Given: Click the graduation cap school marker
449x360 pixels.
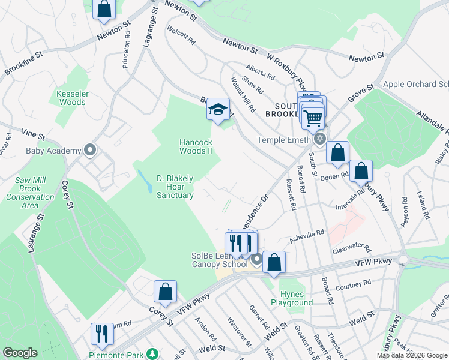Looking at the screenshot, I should (x=218, y=109).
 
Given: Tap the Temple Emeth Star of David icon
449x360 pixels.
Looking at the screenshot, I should (x=320, y=140).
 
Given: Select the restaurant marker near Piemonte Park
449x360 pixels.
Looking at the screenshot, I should (x=101, y=335).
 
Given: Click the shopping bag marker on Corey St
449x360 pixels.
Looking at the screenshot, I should (x=165, y=292).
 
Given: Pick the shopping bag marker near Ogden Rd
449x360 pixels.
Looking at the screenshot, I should (x=361, y=171).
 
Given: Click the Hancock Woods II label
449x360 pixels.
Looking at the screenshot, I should (x=196, y=146).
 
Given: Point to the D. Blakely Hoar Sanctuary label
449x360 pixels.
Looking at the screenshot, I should (x=175, y=187).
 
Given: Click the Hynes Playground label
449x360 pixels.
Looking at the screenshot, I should (x=296, y=298).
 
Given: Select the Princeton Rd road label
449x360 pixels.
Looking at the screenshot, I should (x=127, y=54).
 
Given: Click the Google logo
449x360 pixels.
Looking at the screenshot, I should (x=20, y=353).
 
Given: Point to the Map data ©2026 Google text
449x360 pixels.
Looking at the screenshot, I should (x=411, y=355).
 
